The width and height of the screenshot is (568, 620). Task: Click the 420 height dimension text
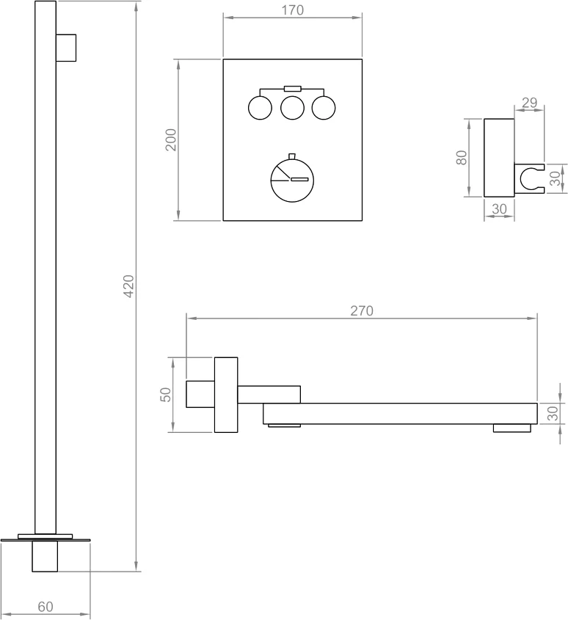click(128, 286)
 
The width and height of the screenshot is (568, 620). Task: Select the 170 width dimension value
click(292, 10)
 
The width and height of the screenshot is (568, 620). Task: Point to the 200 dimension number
click(171, 139)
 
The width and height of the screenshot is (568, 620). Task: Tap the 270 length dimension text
click(362, 310)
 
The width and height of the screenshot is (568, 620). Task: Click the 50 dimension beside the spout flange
click(165, 395)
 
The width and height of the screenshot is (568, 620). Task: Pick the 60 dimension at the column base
click(45, 607)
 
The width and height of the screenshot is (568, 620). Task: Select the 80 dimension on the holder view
click(462, 158)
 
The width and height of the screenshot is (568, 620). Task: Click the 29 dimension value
click(529, 103)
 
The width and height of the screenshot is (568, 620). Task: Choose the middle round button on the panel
click(292, 108)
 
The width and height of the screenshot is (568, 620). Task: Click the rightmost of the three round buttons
click(324, 108)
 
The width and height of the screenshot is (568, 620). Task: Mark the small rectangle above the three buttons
click(292, 88)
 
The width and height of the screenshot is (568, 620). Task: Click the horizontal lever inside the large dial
click(301, 179)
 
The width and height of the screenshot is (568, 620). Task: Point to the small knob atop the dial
click(292, 156)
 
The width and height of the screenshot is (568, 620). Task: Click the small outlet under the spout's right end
click(511, 428)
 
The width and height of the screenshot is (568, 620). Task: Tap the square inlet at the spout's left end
click(200, 394)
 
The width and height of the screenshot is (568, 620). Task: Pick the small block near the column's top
click(66, 48)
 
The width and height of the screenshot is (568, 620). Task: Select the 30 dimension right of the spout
click(553, 413)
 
